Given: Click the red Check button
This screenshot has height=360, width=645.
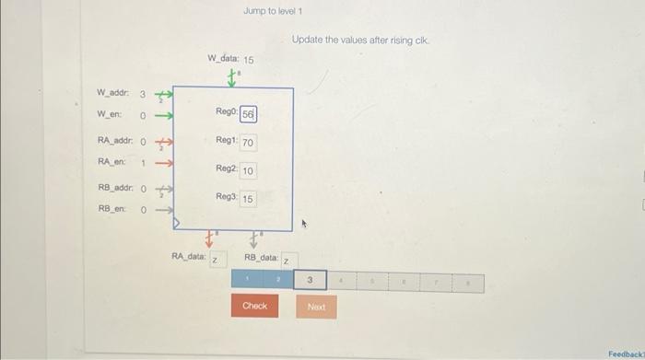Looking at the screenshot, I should (255, 305).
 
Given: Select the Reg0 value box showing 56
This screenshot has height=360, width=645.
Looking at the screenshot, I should (249, 113).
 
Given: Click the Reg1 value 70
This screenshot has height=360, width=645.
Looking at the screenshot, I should (249, 143).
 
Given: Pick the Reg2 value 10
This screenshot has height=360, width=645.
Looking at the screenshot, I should (249, 171).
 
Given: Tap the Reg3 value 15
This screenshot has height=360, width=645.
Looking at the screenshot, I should (249, 199).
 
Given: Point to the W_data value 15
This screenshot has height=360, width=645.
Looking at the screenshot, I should (248, 60).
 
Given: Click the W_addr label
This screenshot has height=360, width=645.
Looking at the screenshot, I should (113, 93).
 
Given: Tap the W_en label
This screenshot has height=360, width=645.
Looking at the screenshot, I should (110, 114).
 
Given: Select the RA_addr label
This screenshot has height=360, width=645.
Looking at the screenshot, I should (115, 141).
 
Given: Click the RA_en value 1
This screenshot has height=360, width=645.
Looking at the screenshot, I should (143, 162).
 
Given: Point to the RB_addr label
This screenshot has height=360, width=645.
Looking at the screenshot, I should (115, 187).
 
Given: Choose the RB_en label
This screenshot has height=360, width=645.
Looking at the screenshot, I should (111, 208).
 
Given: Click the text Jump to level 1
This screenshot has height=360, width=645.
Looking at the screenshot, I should (273, 12).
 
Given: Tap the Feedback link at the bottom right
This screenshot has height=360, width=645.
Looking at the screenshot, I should (626, 354).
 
